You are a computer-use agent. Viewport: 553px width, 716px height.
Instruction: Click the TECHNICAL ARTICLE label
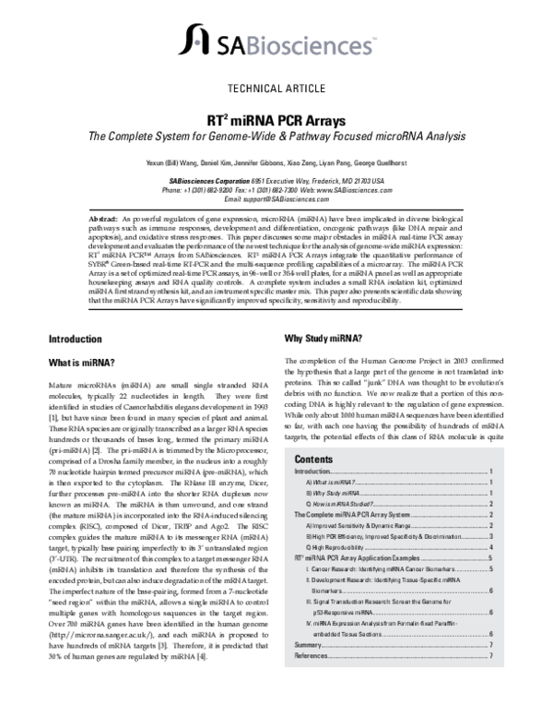[x=276, y=89]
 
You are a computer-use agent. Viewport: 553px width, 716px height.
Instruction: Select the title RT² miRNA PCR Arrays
[x=276, y=120]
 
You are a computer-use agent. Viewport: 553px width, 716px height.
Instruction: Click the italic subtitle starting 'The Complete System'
[x=276, y=137]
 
